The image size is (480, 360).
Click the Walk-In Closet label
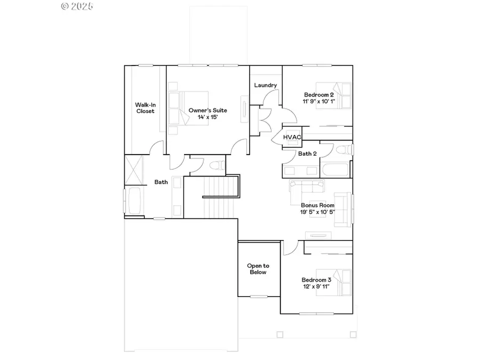[x=145, y=108]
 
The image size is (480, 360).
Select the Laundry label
[x=265, y=85]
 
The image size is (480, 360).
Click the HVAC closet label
[x=292, y=137]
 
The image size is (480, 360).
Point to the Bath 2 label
[x=307, y=154]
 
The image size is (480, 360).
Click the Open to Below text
[x=258, y=269]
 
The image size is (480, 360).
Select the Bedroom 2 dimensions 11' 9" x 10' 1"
[x=318, y=101]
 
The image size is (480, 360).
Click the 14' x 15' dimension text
[x=207, y=117]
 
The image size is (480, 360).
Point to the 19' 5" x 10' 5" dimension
[x=317, y=212]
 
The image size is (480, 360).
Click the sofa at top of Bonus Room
[x=307, y=186]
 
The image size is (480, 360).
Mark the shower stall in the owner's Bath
[x=134, y=169]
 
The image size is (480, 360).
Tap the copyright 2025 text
[x=77, y=6]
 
